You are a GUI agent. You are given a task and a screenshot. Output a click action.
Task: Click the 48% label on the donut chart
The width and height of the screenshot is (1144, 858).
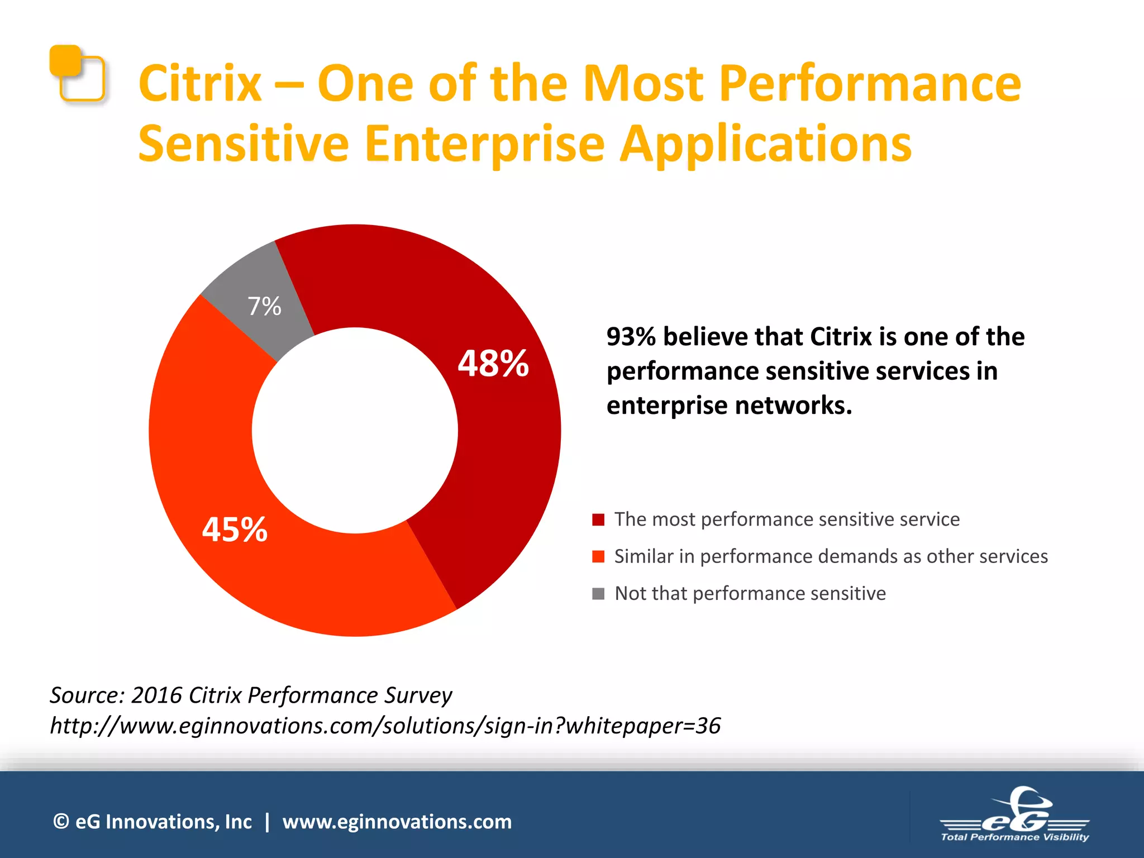click(x=493, y=364)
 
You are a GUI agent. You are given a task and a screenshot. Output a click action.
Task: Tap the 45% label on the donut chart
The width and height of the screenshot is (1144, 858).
click(x=235, y=530)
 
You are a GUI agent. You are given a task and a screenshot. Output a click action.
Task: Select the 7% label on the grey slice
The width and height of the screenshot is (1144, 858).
click(x=264, y=307)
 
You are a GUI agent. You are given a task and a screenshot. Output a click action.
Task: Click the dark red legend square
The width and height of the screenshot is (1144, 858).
click(x=598, y=519)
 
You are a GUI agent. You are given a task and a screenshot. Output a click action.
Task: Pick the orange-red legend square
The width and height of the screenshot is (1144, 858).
click(x=598, y=556)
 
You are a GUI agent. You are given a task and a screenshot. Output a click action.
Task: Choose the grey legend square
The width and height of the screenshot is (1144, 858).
click(x=598, y=593)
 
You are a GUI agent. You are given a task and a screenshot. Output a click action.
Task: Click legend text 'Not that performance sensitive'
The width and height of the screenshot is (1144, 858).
click(x=750, y=593)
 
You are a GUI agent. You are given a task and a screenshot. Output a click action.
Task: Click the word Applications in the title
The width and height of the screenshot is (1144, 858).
click(x=766, y=144)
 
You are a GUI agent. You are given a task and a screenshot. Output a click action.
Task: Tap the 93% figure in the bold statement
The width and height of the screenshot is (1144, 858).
click(x=631, y=337)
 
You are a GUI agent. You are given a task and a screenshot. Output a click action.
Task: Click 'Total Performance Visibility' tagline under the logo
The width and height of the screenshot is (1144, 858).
click(x=1014, y=837)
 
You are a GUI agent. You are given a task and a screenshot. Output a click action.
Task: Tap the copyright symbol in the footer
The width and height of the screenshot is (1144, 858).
click(x=61, y=822)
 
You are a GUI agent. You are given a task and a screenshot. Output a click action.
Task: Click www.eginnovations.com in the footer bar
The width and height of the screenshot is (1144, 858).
click(x=397, y=822)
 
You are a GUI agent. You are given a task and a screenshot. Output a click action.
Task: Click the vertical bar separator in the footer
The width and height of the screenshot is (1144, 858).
click(x=268, y=822)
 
